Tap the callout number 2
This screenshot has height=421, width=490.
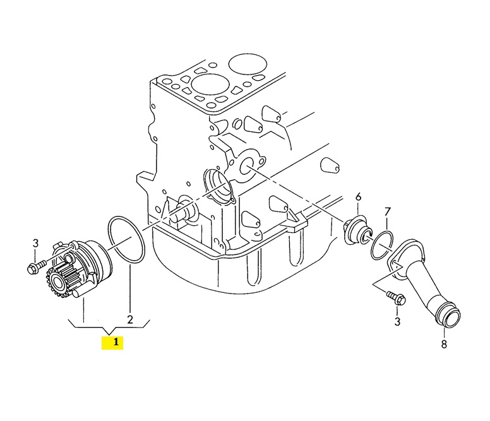click(130, 319)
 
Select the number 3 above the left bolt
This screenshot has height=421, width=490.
click(35, 243)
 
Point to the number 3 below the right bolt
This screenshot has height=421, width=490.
click(397, 321)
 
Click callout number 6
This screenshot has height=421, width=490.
click(358, 197)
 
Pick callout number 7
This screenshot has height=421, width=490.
click(387, 212)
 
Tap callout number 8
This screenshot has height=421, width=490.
click(444, 344)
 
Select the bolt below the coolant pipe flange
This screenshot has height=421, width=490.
click(396, 298)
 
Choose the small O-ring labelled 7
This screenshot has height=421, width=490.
click(381, 245)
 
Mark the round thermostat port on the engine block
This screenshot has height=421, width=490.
click(248, 165)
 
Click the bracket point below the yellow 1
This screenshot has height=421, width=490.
click(109, 332)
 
